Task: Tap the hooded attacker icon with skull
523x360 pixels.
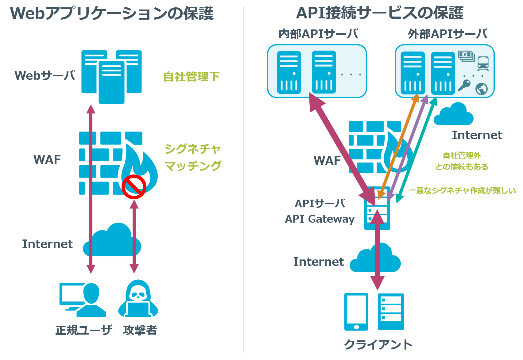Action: pos(138,299)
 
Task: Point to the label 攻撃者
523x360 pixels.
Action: pos(140,330)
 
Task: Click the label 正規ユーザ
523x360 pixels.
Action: pos(83,330)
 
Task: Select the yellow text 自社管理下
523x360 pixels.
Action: pos(191,77)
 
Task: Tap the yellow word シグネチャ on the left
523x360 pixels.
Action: pos(193,149)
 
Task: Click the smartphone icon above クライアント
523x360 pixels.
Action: pos(356,312)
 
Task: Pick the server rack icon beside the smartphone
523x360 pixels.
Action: pos(391,312)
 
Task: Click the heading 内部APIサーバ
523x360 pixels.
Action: pos(318,34)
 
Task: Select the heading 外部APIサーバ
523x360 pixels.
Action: pos(447,34)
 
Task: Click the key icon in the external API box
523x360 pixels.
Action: pos(464,85)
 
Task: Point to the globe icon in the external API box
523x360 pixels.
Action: pos(481,89)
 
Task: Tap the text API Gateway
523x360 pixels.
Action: pos(320,219)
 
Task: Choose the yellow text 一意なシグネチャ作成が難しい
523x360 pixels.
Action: pos(462,190)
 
